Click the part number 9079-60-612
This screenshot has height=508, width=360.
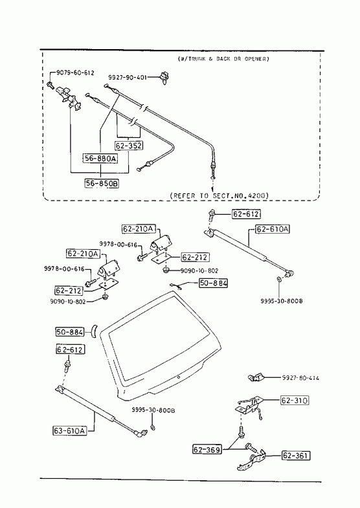point(76,73)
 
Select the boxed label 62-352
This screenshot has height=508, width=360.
point(129,146)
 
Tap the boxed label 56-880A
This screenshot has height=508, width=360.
point(100,159)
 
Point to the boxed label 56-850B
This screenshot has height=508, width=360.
point(102,184)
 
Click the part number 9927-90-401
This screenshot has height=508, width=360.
point(128,78)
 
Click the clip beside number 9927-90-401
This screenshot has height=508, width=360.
point(164,78)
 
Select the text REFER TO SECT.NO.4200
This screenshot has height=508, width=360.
point(219,195)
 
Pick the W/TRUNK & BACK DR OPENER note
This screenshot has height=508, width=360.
point(223,59)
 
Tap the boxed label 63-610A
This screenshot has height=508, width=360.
point(70,430)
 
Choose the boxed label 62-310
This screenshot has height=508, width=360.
point(295,401)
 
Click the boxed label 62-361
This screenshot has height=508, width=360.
point(296,456)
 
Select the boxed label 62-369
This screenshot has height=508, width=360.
point(207,450)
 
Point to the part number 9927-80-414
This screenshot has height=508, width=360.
point(300,378)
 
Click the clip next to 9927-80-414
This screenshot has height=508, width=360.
point(256,377)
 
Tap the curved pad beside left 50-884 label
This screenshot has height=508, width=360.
point(94,331)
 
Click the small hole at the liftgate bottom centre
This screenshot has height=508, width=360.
point(179,377)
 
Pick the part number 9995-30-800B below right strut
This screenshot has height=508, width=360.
point(282,301)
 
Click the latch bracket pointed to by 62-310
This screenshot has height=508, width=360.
point(249,405)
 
